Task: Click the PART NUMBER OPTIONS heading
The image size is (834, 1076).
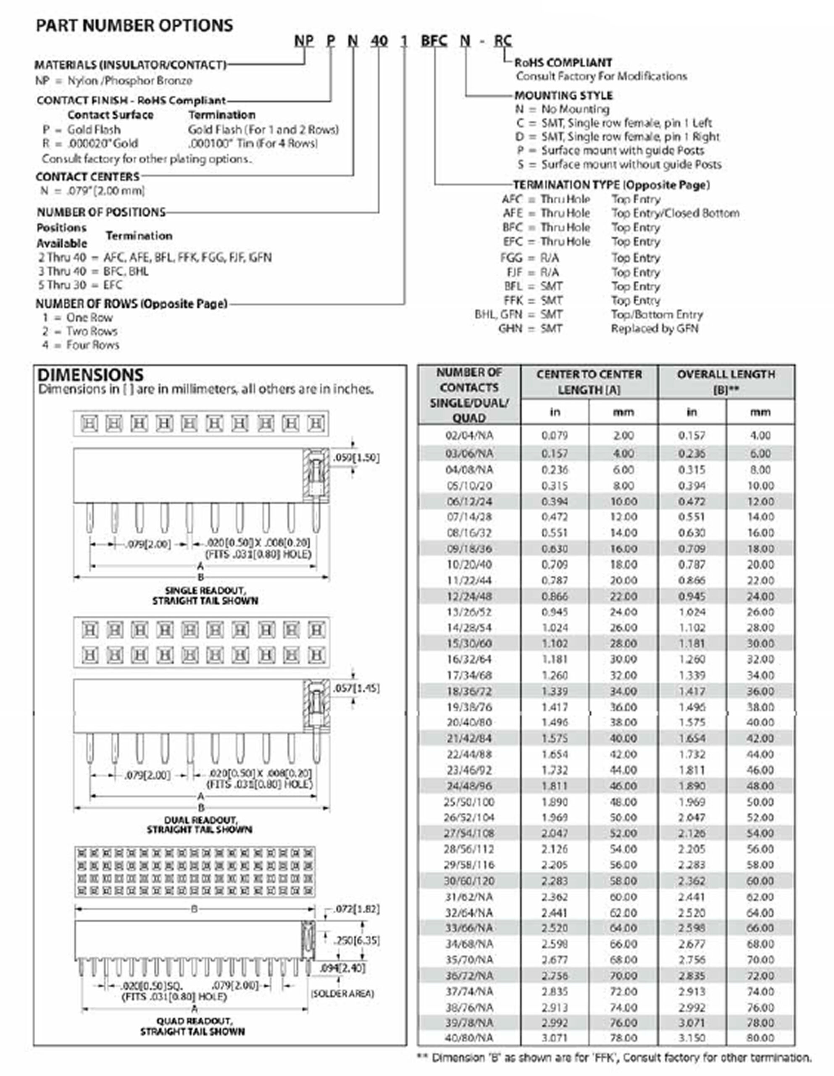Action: pyautogui.click(x=134, y=26)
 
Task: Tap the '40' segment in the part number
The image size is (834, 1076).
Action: pyautogui.click(x=379, y=40)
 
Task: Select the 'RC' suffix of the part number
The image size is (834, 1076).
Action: pyautogui.click(x=503, y=40)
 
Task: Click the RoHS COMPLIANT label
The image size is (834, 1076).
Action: pyautogui.click(x=563, y=63)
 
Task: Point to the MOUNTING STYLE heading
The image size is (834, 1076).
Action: pyautogui.click(x=563, y=95)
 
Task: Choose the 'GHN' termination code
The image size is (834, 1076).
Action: pyautogui.click(x=510, y=329)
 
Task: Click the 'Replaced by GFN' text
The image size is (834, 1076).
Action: pyautogui.click(x=655, y=329)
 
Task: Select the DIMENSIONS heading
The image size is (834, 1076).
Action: pyautogui.click(x=90, y=375)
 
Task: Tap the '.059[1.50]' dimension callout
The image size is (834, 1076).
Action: pyautogui.click(x=356, y=458)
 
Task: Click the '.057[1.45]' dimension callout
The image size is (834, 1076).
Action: pyautogui.click(x=356, y=688)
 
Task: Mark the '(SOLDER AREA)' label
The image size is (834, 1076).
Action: pyautogui.click(x=342, y=994)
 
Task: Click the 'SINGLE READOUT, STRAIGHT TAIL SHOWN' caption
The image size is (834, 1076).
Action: pyautogui.click(x=205, y=596)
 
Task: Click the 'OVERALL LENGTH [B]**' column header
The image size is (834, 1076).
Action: pyautogui.click(x=726, y=382)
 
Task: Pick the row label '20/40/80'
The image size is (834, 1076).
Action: pyautogui.click(x=468, y=722)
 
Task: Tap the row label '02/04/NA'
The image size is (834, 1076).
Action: pyautogui.click(x=468, y=435)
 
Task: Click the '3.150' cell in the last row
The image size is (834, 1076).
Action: pyautogui.click(x=692, y=1038)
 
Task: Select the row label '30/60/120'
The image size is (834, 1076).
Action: pyautogui.click(x=468, y=881)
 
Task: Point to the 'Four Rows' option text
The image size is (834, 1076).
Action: pyautogui.click(x=92, y=345)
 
